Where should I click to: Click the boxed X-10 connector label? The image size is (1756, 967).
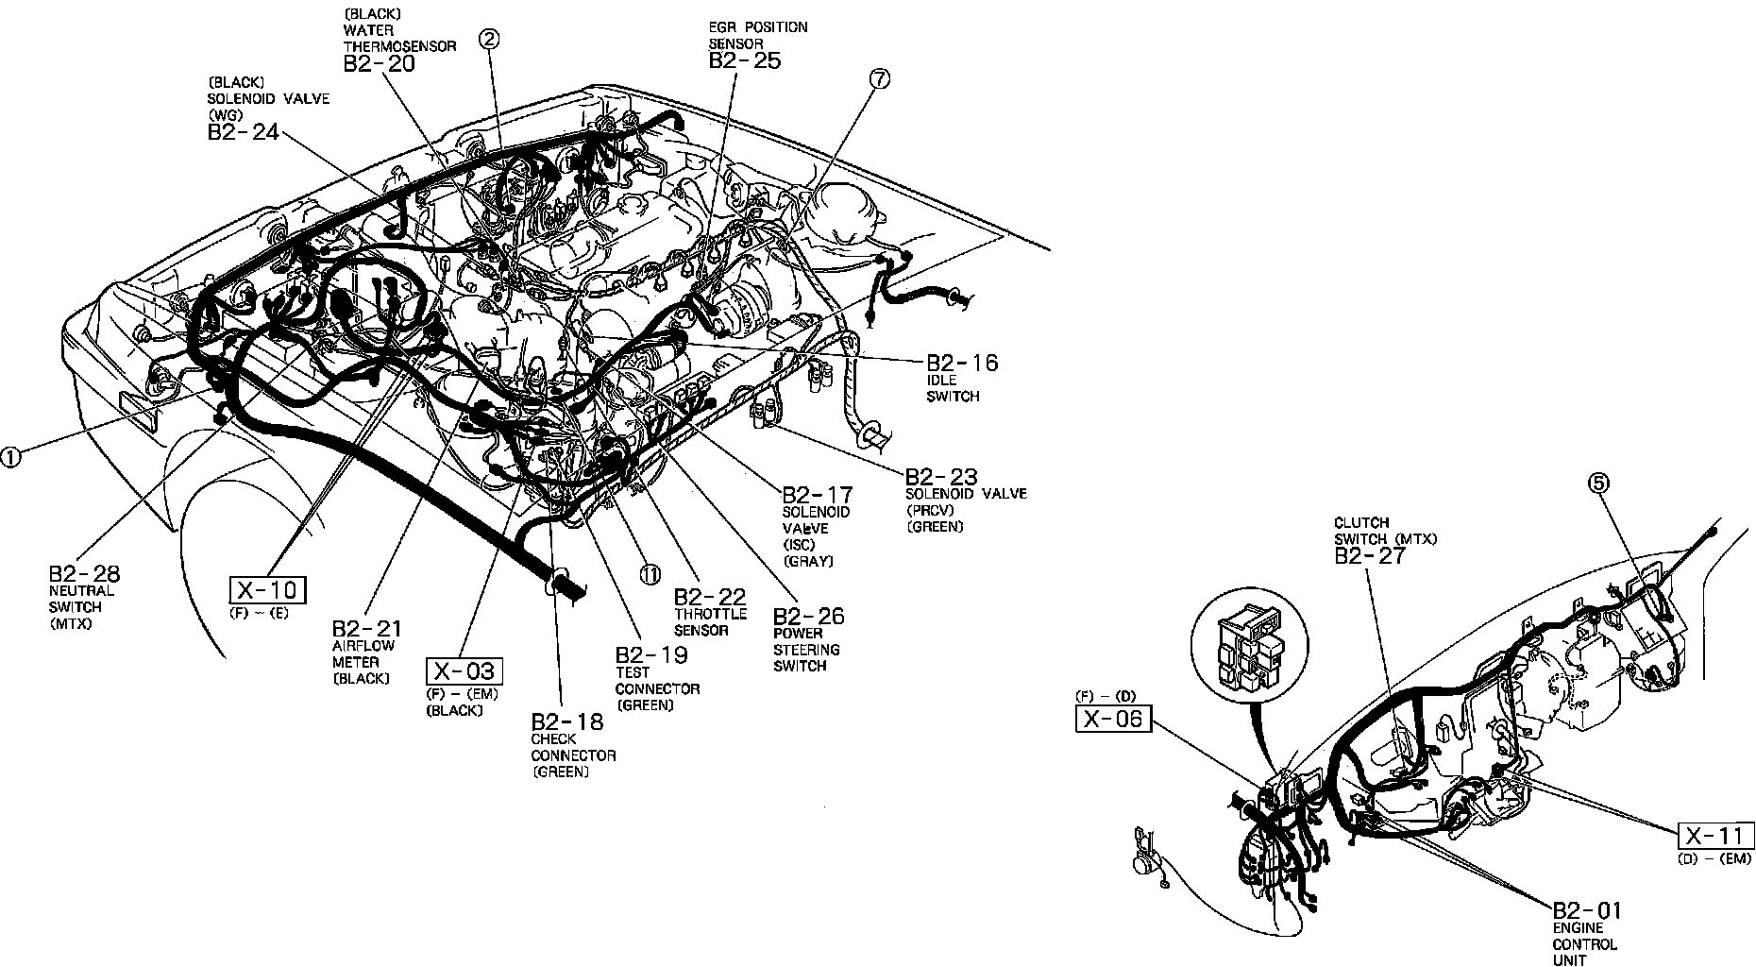click(268, 590)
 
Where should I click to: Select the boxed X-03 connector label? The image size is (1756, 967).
click(464, 671)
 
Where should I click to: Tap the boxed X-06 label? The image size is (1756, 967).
click(1113, 719)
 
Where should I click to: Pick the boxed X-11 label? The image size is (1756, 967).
click(1714, 836)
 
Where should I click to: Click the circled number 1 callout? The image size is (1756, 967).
click(10, 457)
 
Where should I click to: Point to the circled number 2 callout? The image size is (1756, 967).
click(489, 39)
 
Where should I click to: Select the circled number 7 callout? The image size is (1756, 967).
click(878, 80)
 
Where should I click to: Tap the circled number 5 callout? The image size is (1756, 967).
click(1597, 483)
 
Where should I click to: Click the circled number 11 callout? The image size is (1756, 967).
click(650, 574)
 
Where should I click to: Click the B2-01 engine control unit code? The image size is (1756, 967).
click(1586, 910)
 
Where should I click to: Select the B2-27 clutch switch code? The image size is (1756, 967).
click(1369, 555)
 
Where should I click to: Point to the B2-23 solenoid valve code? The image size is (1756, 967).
click(941, 477)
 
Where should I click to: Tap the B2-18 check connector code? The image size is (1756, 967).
click(566, 721)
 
